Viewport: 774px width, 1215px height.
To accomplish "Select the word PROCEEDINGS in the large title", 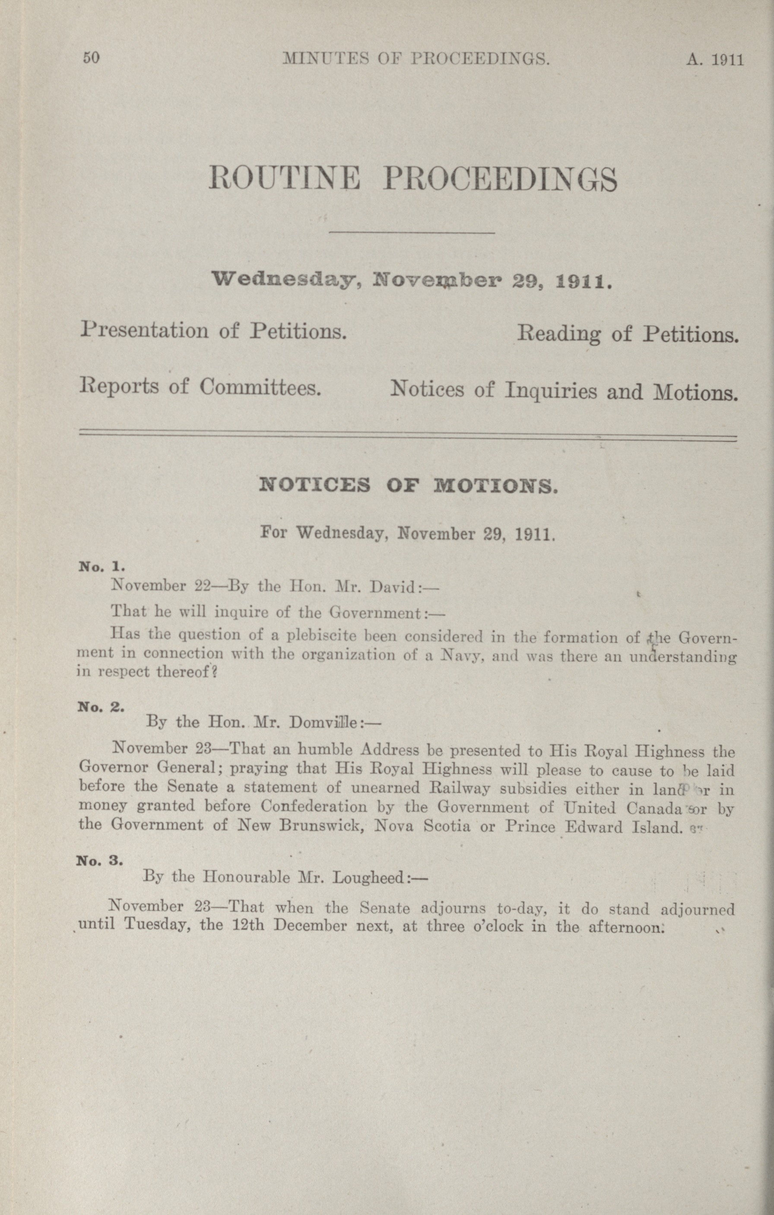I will [500, 180].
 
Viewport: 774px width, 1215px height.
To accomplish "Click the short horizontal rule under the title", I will [411, 233].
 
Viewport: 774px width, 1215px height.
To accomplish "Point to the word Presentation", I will [144, 330].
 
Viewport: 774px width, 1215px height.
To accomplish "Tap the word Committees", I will [260, 387].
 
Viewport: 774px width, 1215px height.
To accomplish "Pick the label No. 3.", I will [99, 860].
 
